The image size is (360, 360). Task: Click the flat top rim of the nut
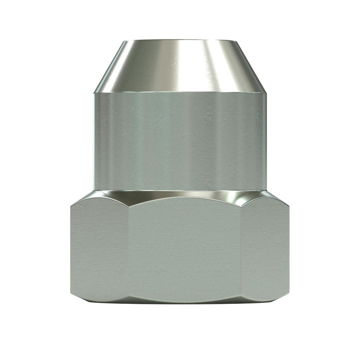[x=180, y=40]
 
